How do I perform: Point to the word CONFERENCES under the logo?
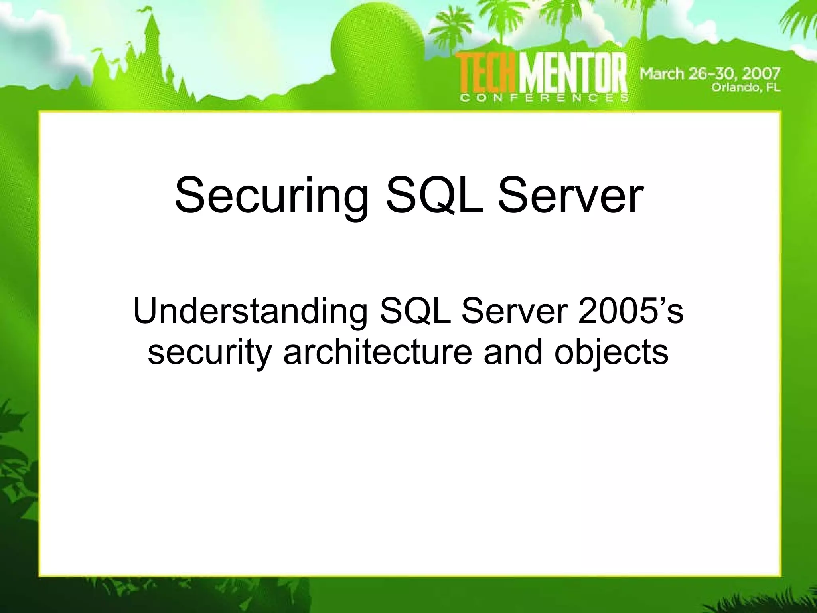545,98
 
